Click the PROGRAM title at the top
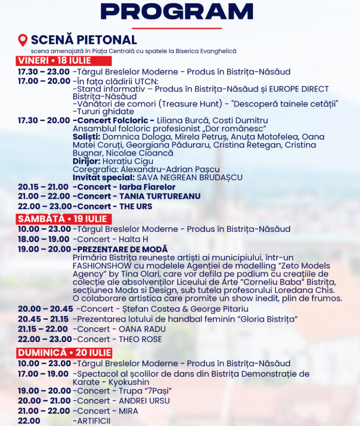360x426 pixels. (x=177, y=11)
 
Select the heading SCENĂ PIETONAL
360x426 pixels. (x=84, y=40)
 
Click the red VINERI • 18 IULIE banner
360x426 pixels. (x=55, y=61)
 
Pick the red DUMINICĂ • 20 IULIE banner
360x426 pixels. (x=65, y=353)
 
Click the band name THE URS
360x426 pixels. (x=136, y=206)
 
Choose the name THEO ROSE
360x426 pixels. (x=140, y=339)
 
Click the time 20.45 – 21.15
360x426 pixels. (x=44, y=319)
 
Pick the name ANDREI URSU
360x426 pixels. (x=144, y=401)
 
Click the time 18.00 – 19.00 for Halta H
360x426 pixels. (x=44, y=239)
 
